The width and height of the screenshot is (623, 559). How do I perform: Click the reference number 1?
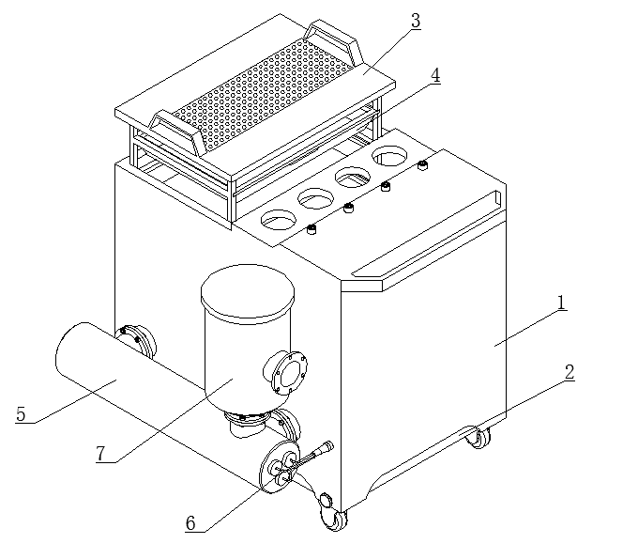[561, 303]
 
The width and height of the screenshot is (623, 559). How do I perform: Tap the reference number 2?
[570, 372]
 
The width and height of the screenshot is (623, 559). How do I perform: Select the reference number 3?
[416, 21]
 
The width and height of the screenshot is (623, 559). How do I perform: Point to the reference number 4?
[435, 75]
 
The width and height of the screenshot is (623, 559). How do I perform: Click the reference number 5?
[21, 414]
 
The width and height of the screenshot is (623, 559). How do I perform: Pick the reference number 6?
[190, 523]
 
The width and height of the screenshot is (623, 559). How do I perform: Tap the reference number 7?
[101, 453]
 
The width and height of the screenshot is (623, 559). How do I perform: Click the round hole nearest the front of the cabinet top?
[279, 220]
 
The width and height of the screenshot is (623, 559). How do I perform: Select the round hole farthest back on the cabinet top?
[389, 156]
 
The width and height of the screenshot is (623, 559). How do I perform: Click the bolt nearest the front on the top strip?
[311, 229]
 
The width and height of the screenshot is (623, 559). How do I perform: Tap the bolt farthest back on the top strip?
[423, 164]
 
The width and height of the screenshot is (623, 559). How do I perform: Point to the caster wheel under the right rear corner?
[479, 438]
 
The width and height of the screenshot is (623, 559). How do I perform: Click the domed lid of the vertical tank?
[248, 291]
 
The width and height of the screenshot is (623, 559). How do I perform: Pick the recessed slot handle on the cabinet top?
[426, 233]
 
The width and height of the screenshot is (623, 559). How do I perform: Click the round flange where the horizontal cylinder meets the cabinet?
[136, 341]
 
